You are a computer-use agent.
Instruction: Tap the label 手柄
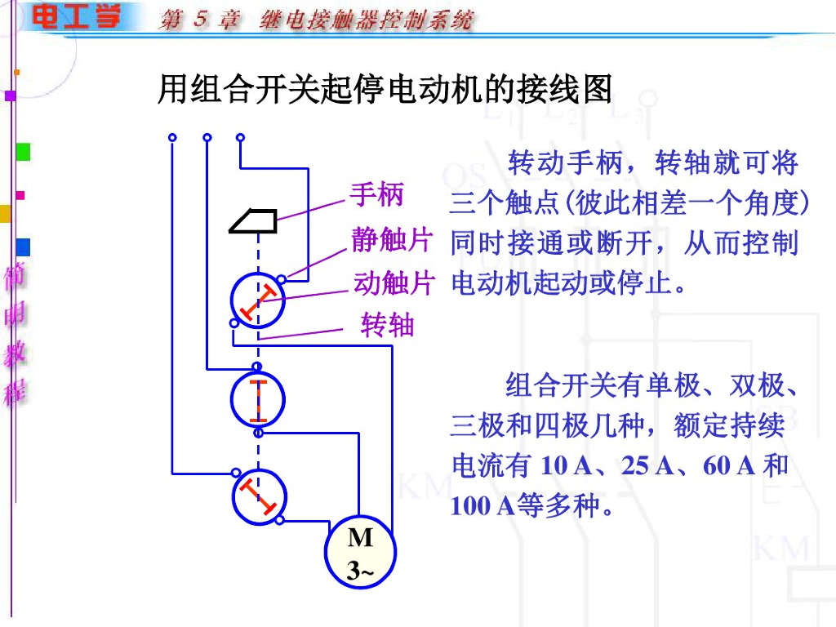377,195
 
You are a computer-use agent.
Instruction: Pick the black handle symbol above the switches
252,220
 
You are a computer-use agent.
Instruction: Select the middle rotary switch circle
258,399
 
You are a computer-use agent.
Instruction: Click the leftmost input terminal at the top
172,137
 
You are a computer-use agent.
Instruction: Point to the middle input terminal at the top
207,137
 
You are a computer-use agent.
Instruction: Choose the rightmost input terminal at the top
240,137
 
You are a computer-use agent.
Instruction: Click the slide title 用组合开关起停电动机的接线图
385,89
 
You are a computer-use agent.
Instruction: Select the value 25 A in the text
647,466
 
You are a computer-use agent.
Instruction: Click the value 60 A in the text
728,466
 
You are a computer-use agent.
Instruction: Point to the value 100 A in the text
482,506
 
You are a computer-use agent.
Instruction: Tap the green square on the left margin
23,152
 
